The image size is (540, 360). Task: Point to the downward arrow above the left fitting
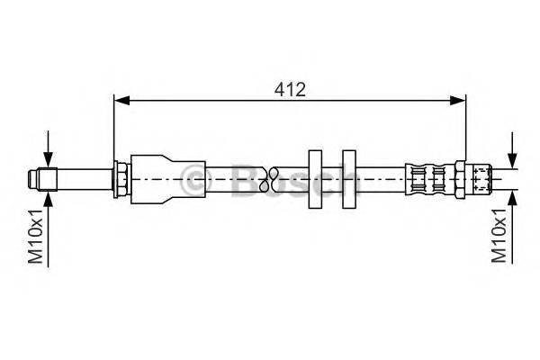click(x=48, y=158)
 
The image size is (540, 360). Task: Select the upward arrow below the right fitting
click(x=512, y=197)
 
